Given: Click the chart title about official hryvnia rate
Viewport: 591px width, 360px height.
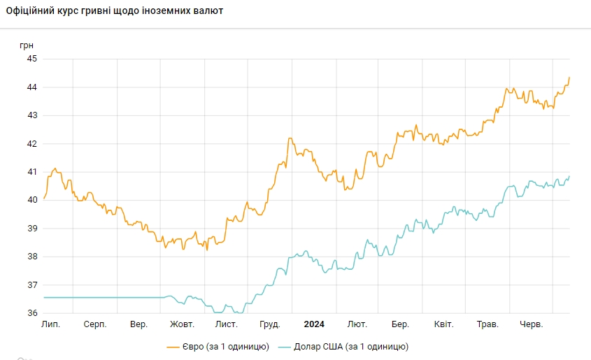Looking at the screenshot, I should click(114, 11).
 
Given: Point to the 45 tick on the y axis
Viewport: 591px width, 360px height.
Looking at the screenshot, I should click(32, 59).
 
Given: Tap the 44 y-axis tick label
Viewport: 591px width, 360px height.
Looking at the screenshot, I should click(32, 87).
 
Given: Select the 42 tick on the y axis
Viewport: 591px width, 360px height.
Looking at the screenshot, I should click(32, 144).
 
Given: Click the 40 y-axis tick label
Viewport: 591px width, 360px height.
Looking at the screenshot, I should click(32, 200).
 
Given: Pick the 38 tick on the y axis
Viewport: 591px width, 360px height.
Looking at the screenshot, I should click(32, 257).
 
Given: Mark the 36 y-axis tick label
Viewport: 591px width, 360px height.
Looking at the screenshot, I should click(32, 313).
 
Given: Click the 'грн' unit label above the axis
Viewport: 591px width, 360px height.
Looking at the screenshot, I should click(27, 45).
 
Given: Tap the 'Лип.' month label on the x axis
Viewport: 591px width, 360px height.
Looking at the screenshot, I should click(50, 324).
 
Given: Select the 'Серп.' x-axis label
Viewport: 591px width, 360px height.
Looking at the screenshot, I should click(95, 324).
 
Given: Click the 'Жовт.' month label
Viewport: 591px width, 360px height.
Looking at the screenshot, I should click(183, 324).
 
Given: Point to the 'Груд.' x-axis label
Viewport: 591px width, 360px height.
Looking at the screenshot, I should click(269, 324).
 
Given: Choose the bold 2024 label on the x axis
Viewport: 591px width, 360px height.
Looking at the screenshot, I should click(314, 324).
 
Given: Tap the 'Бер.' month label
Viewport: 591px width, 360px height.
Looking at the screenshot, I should click(400, 324).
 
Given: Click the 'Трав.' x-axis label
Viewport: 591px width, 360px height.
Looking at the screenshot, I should click(487, 324).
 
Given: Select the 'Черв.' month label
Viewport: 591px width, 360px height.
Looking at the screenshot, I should click(532, 324).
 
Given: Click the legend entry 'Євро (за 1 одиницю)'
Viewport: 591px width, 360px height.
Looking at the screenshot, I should click(218, 347).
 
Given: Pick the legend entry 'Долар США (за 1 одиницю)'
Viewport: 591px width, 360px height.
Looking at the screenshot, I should click(343, 347).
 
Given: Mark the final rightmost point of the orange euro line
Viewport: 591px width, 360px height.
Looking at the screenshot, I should click(569, 77).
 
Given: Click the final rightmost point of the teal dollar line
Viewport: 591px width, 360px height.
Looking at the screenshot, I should click(569, 176).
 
